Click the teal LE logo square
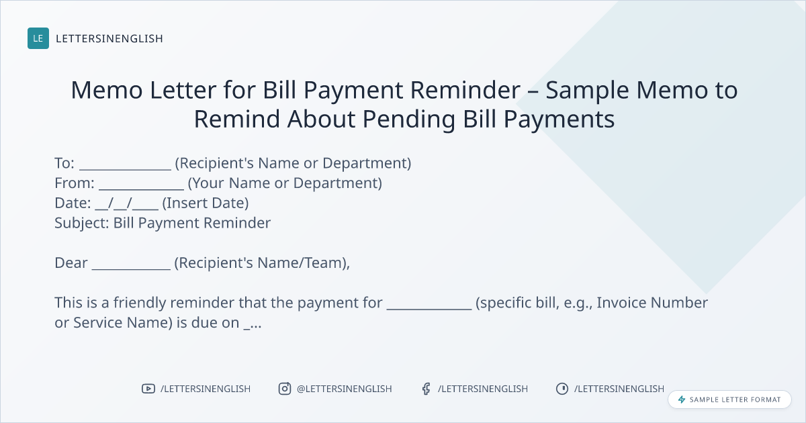point(38,38)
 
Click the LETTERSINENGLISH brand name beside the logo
point(109,38)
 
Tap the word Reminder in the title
point(465,89)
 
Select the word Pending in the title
point(409,119)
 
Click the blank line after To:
point(125,169)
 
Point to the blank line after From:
point(142,189)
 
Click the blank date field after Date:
point(127,203)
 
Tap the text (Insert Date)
point(206,203)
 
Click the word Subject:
point(82,224)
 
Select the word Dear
point(71,263)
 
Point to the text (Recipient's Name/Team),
point(262,263)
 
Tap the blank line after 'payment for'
point(429,309)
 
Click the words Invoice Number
point(652,303)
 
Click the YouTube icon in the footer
point(148,389)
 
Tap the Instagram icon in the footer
point(285,389)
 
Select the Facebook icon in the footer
point(427,389)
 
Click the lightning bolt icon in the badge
point(682,399)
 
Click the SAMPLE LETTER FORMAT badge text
point(735,399)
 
